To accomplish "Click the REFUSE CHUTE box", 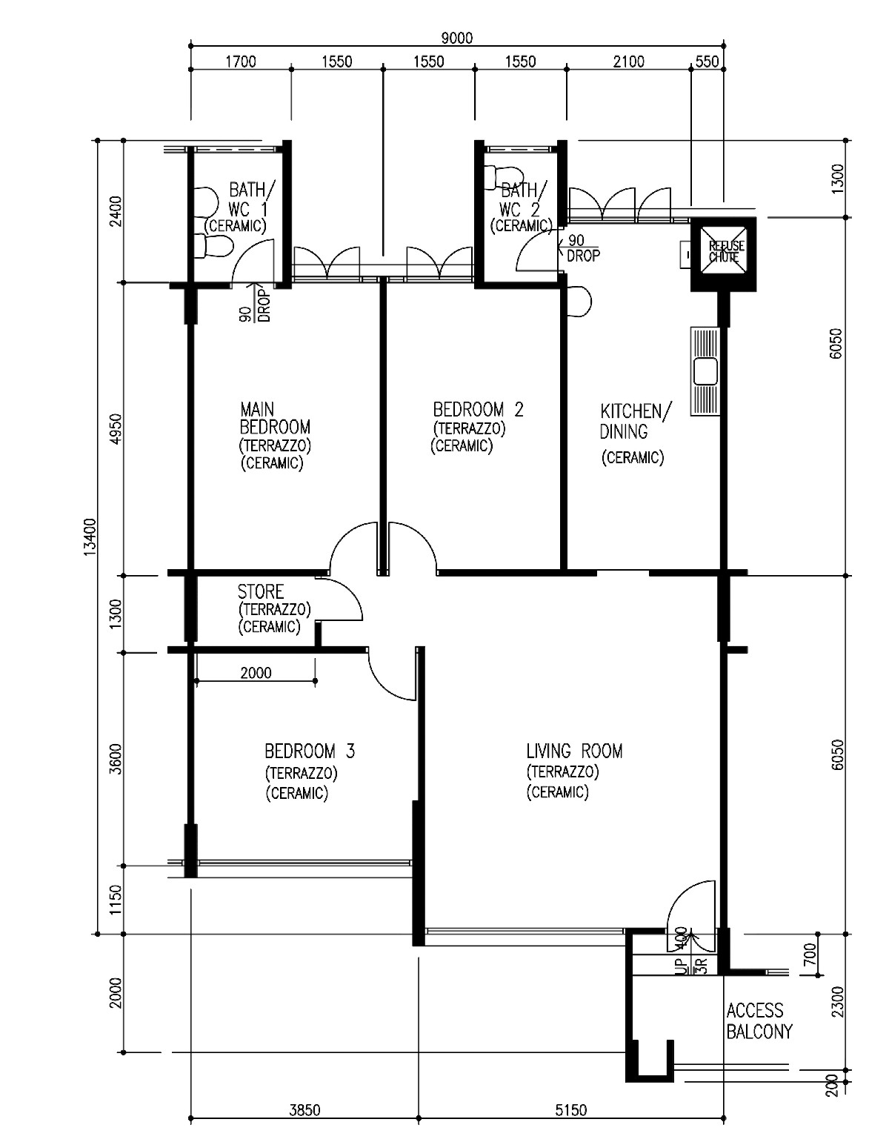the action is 723,254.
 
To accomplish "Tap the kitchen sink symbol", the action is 706,371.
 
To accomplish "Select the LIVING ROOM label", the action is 574,751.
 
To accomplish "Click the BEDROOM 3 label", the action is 310,751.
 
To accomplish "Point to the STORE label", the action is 261,592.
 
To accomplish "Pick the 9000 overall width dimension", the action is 457,38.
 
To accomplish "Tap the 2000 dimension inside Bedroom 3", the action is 256,673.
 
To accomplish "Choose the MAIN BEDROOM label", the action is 275,418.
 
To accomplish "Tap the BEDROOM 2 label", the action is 478,409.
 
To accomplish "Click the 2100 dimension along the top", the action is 628,62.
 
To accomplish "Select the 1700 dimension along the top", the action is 241,62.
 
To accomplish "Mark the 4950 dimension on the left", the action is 116,428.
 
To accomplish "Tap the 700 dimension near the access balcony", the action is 810,954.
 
